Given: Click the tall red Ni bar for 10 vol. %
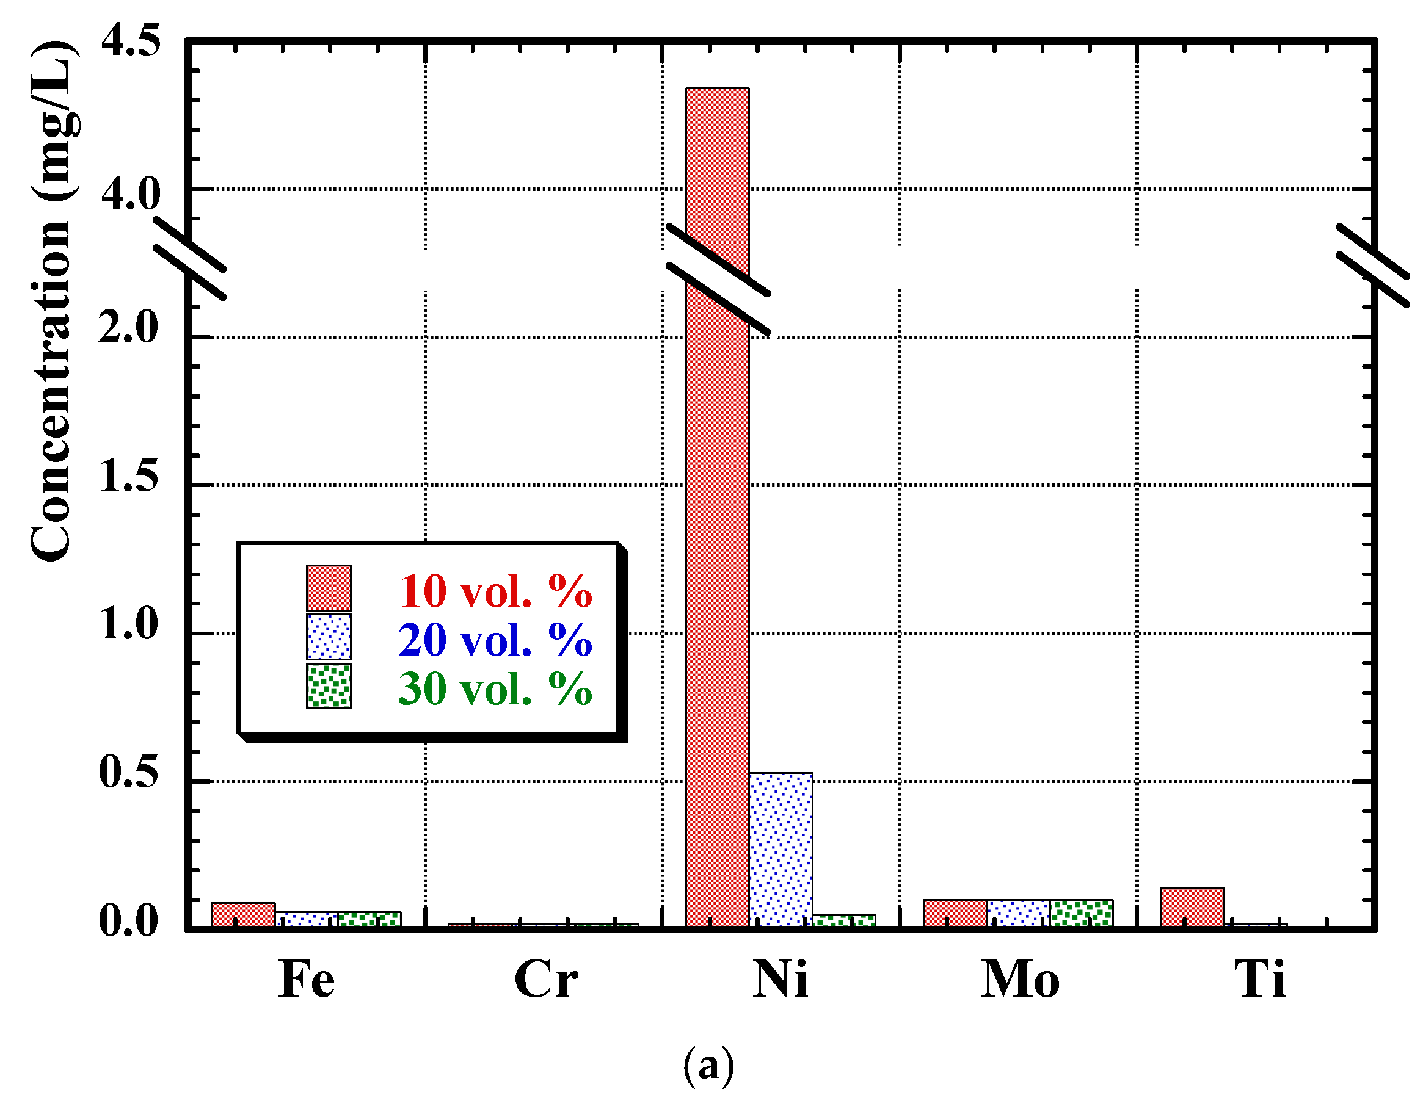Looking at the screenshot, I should tap(718, 521).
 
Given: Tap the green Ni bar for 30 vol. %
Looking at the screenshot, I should tap(844, 920).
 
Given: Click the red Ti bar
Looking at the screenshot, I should tap(1192, 907).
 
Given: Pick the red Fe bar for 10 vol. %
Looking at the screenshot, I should tap(243, 914).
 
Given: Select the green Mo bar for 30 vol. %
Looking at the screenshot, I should tap(1082, 913).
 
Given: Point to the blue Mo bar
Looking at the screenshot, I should tap(1018, 913).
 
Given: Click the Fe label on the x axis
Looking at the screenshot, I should tap(306, 980).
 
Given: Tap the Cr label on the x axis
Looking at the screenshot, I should tap(545, 980).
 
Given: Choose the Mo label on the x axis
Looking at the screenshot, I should tap(1021, 980).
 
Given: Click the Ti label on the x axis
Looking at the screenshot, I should tap(1259, 980).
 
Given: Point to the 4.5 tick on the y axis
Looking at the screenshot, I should tap(130, 40).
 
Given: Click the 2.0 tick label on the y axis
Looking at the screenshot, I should tap(128, 327).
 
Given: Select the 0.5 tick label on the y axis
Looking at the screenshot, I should tap(128, 771).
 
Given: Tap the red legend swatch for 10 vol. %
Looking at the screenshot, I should tap(329, 588).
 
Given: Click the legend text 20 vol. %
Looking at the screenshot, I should tap(495, 640).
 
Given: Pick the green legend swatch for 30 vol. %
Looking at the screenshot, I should tap(329, 687).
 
